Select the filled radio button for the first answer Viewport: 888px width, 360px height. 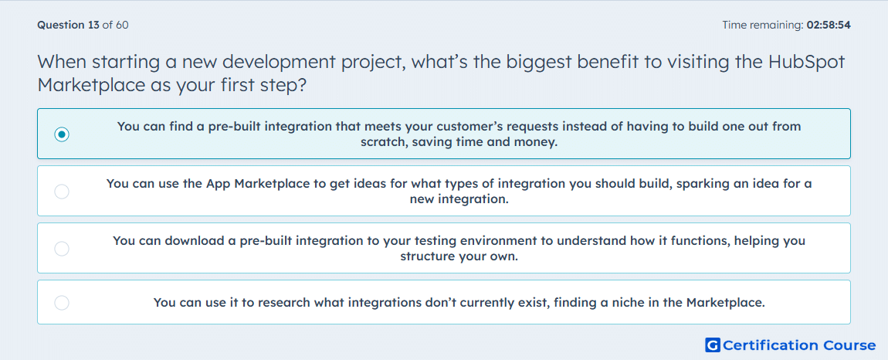point(62,134)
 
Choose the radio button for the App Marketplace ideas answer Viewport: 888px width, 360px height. point(62,192)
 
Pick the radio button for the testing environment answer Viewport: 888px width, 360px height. point(62,249)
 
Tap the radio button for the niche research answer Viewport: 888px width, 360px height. point(62,303)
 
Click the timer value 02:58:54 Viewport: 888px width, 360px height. point(829,25)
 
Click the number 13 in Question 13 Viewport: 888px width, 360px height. point(94,25)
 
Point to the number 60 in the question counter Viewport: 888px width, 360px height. point(122,25)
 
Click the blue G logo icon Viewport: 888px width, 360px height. point(713,345)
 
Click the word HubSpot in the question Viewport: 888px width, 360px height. point(806,62)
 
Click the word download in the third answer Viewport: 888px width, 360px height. point(195,240)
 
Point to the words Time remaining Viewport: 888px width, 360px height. point(762,25)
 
